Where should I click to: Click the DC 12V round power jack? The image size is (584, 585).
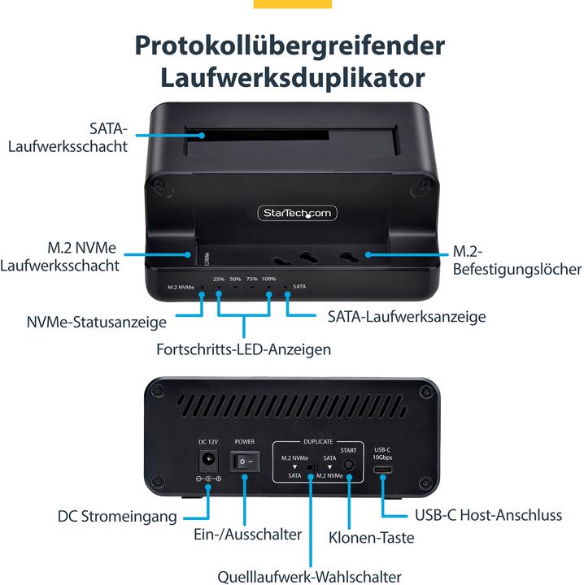point(208,461)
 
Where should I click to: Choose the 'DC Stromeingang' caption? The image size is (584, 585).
point(116,516)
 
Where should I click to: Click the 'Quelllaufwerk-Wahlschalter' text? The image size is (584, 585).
point(309,576)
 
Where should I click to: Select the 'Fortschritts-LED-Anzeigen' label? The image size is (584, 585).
point(244,349)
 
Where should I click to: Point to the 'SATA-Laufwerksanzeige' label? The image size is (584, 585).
point(407,316)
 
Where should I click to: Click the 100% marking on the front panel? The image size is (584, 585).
point(269,279)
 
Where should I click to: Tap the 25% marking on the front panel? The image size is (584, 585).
point(218,279)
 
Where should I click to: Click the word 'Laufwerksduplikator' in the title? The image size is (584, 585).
point(292,78)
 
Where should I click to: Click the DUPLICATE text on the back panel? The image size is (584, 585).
point(318,440)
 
